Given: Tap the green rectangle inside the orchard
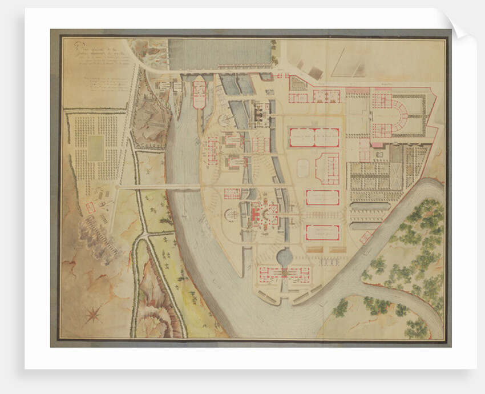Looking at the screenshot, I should tap(96, 148).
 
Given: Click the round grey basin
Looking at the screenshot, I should tap(284, 258).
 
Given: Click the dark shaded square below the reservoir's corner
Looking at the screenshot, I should tap(315, 73).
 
